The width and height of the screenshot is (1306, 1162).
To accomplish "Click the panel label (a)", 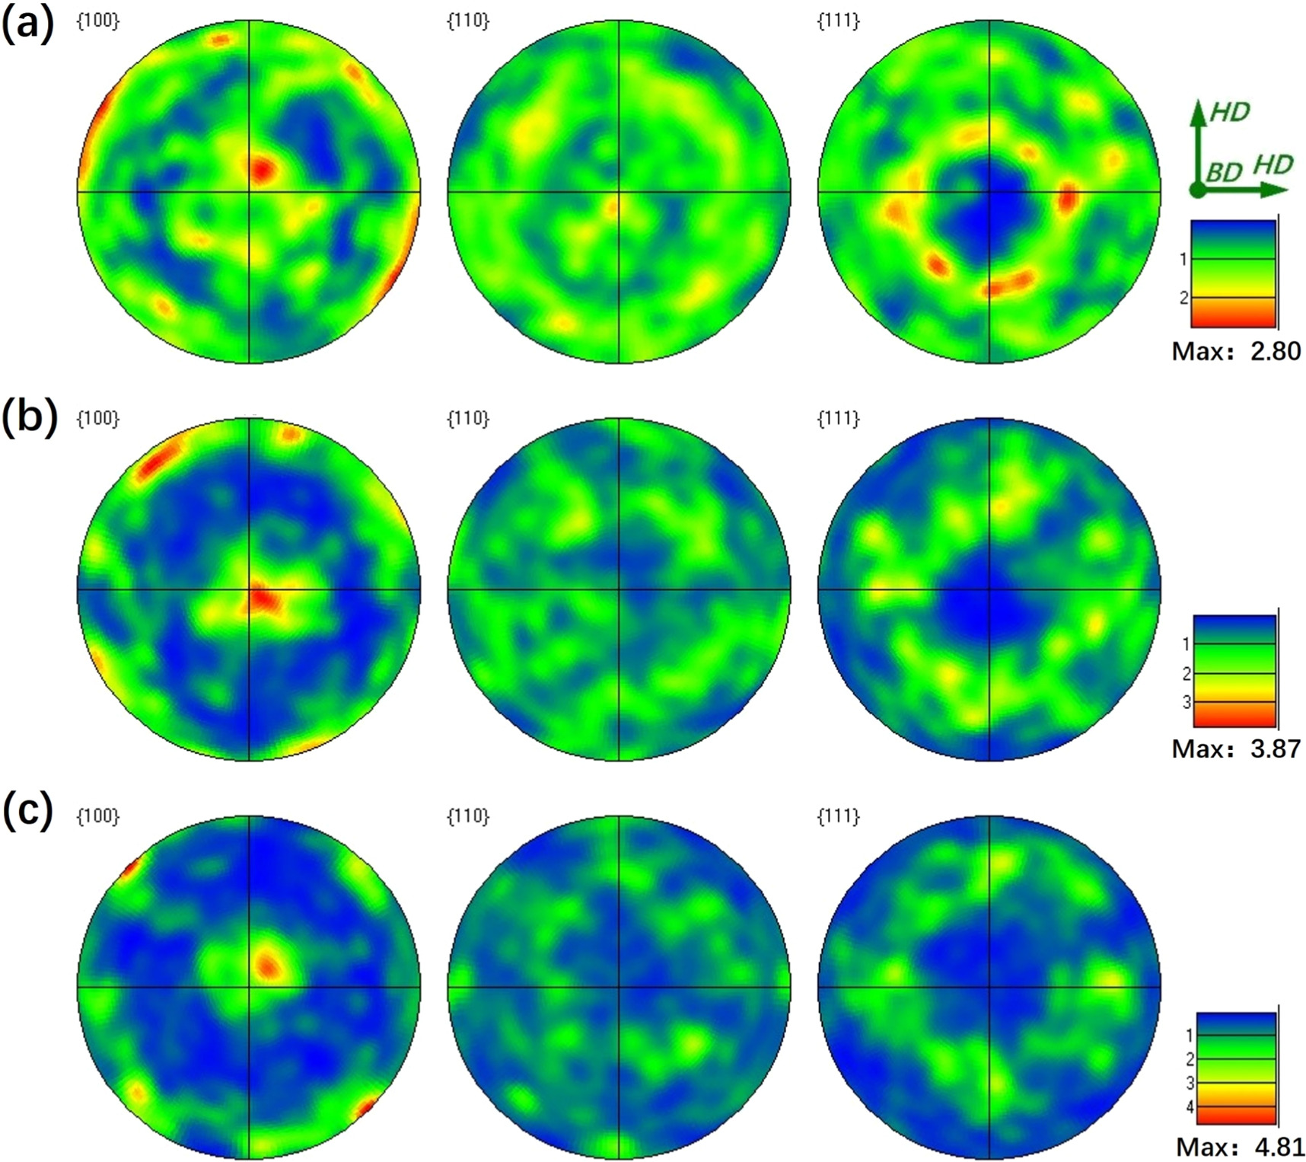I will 28,24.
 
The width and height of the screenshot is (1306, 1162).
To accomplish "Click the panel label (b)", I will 29,418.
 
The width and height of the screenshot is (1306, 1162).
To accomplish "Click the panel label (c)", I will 28,812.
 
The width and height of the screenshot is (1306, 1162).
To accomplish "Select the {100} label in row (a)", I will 98,21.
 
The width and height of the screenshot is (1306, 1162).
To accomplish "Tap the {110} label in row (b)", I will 468,418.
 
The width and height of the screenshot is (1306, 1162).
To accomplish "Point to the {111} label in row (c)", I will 838,816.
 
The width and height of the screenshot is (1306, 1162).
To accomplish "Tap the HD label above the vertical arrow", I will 1230,113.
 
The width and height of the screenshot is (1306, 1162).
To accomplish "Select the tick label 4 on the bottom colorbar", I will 1190,1107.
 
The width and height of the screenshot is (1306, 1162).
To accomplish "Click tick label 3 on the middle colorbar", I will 1187,702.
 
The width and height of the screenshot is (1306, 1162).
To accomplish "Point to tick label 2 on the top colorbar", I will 1183,298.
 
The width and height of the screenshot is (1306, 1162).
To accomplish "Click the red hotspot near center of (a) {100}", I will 261,169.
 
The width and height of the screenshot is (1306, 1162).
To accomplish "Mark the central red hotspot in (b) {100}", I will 263,598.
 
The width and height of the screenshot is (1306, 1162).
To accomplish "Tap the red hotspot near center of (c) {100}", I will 268,965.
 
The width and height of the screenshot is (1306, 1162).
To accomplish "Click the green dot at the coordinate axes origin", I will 1198,190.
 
